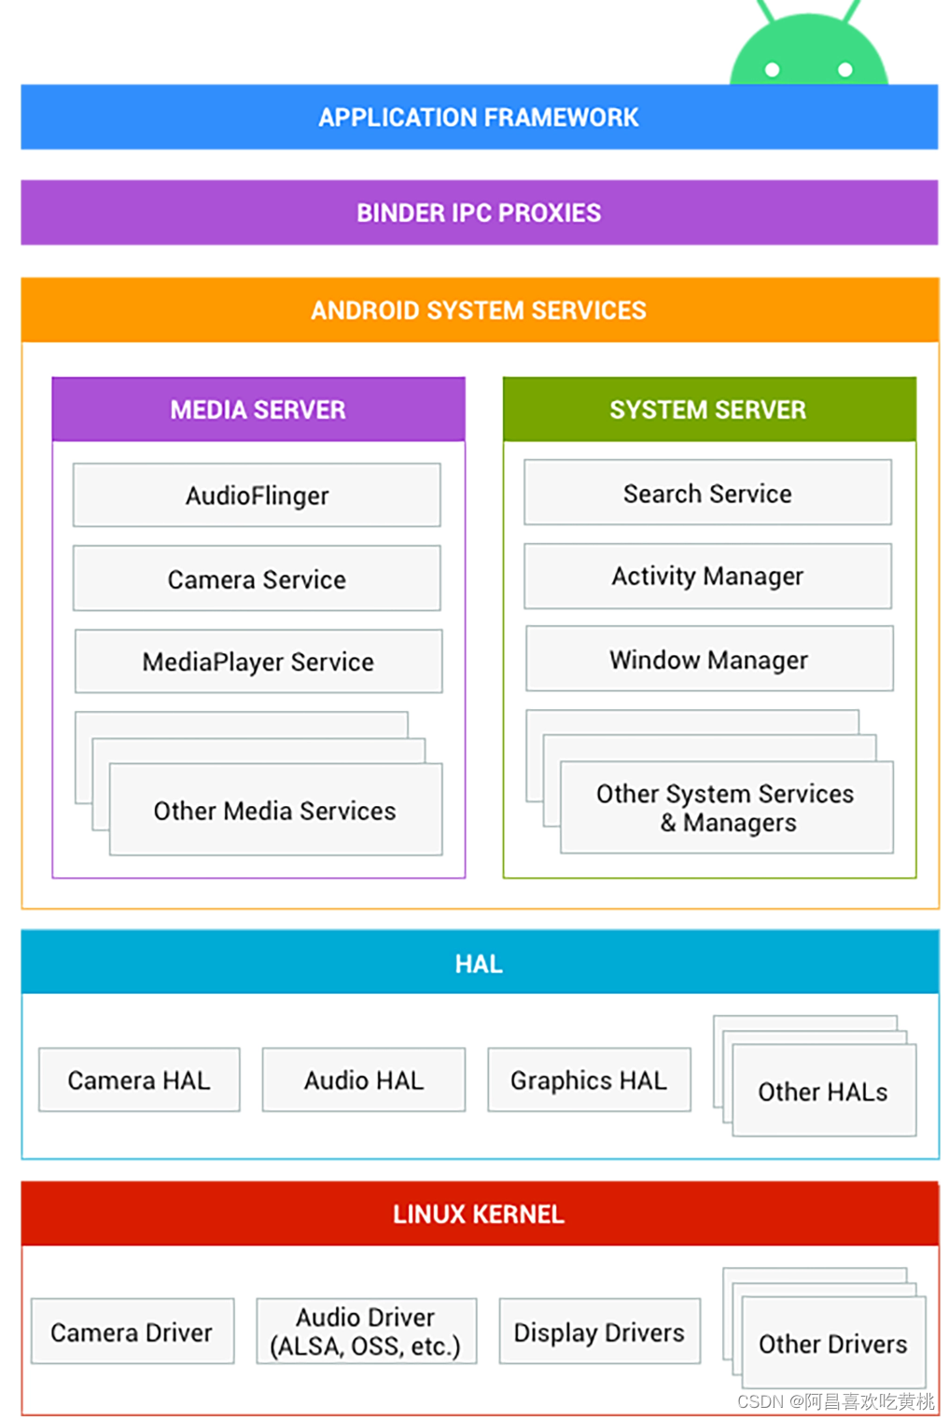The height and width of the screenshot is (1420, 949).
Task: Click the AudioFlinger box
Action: click(x=257, y=495)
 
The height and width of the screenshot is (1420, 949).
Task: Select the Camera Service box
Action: click(x=257, y=579)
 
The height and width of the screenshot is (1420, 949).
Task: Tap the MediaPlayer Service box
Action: click(x=258, y=661)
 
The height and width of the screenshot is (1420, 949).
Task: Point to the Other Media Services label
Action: click(x=275, y=811)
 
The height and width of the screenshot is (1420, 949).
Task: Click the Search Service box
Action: click(x=707, y=493)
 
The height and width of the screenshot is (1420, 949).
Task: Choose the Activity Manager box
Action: click(x=707, y=576)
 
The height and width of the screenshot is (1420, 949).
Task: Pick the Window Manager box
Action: click(x=709, y=659)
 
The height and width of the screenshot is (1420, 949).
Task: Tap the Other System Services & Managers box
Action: click(x=726, y=807)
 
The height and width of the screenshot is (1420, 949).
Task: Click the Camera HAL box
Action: click(x=139, y=1079)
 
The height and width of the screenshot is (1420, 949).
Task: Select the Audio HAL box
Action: click(x=364, y=1079)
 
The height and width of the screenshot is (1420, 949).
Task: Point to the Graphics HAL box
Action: click(x=589, y=1079)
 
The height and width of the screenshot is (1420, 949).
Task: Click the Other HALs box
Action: click(x=824, y=1091)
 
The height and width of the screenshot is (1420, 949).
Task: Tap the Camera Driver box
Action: click(x=132, y=1331)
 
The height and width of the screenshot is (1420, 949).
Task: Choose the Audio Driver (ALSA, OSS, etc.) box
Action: click(x=366, y=1331)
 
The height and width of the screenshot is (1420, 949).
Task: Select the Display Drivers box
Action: click(x=599, y=1331)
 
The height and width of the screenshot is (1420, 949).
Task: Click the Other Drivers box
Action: click(x=833, y=1343)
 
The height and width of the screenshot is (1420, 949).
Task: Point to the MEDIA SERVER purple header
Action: click(x=258, y=410)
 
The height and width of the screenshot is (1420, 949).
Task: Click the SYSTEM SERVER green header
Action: click(x=708, y=410)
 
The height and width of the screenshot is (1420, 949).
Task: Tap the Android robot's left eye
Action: click(x=772, y=69)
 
